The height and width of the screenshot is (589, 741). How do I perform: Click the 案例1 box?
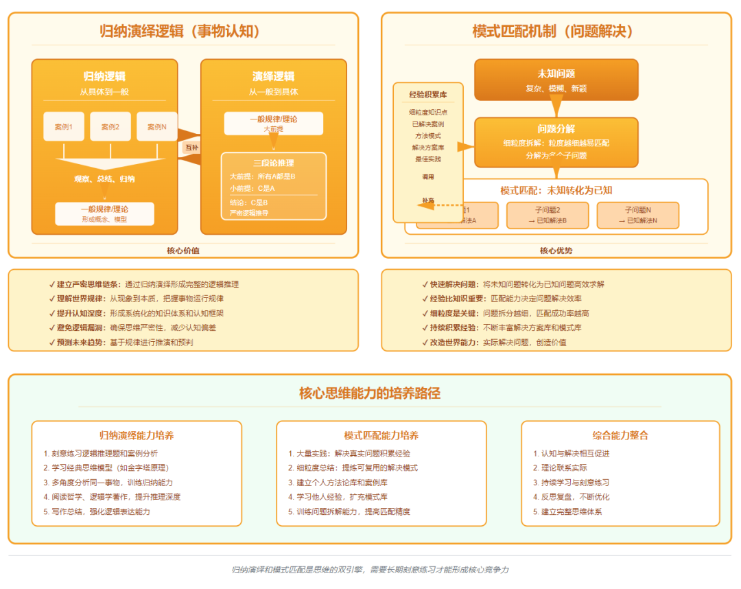coord(64,126)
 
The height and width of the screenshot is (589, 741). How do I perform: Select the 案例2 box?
coord(110,126)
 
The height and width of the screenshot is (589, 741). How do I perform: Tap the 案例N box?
coord(157,126)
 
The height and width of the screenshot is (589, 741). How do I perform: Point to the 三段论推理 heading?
coord(273,163)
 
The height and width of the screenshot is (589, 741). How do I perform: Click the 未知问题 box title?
coord(556,74)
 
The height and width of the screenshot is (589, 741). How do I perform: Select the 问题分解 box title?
coord(556,129)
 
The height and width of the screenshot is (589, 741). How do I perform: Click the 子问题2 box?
coord(548,215)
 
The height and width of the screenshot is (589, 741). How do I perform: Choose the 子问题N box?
coord(637,215)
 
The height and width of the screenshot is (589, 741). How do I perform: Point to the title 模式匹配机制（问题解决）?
coord(552,31)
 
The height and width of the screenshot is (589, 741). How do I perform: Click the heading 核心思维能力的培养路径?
coord(370,393)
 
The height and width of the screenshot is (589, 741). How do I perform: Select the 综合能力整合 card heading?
coord(620,435)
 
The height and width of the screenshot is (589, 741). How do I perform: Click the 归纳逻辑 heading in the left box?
coord(104,76)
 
